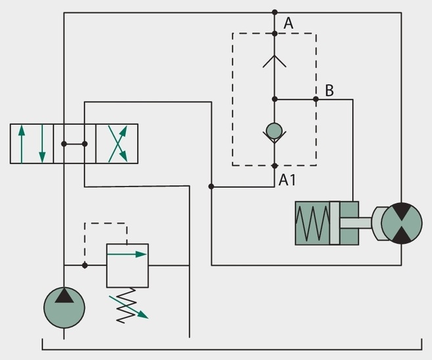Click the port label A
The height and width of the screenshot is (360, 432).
pyautogui.click(x=288, y=23)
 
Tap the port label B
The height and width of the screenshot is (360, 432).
pyautogui.click(x=329, y=91)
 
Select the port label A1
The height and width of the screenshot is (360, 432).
pyautogui.click(x=287, y=180)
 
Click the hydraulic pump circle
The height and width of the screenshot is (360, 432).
pyautogui.click(x=64, y=307)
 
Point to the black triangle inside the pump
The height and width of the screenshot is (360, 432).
pyautogui.click(x=64, y=296)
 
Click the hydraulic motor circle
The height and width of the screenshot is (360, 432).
pyautogui.click(x=402, y=223)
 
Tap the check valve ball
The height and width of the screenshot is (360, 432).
pyautogui.click(x=274, y=131)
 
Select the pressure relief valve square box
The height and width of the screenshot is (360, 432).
pyautogui.click(x=127, y=265)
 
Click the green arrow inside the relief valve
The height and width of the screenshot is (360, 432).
pyautogui.click(x=127, y=254)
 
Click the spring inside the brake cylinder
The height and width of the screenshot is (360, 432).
pyautogui.click(x=313, y=223)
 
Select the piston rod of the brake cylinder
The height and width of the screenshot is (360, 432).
pyautogui.click(x=356, y=223)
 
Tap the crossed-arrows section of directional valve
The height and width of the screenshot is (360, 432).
pyautogui.click(x=117, y=144)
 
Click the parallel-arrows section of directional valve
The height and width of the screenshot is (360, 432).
pyautogui.click(x=32, y=144)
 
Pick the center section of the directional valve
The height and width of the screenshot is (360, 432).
pyautogui.click(x=75, y=144)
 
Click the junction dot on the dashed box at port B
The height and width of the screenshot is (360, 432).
pyautogui.click(x=316, y=99)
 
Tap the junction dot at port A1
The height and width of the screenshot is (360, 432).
pyautogui.click(x=274, y=166)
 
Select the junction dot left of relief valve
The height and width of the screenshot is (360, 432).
pyautogui.click(x=85, y=265)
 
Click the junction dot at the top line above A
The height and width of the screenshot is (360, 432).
pyautogui.click(x=274, y=12)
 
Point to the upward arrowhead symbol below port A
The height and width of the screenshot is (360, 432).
pyautogui.click(x=274, y=61)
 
